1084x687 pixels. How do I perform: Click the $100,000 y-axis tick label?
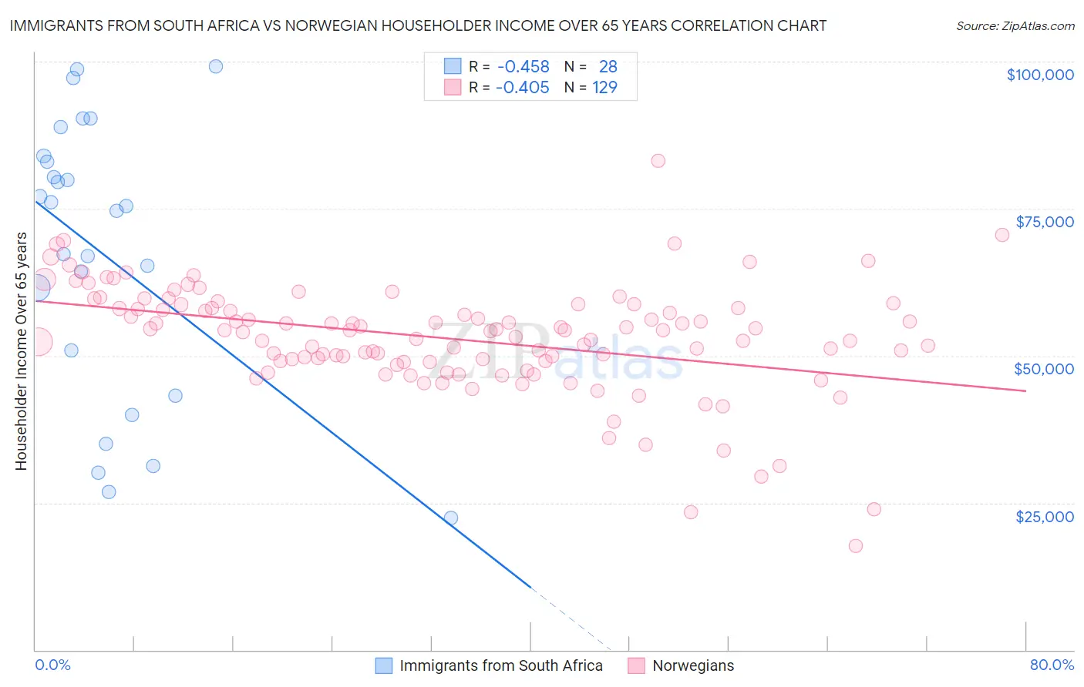coord(1039,75)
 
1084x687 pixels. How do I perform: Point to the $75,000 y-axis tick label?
coord(1044,222)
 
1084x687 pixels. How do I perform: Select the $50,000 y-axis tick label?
coord(1043,369)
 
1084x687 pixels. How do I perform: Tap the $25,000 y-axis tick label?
coord(1044,516)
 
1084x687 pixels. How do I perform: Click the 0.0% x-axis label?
coord(52,665)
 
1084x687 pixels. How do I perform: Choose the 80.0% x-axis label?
coord(1052,665)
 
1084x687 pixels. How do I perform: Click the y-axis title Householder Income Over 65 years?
coord(21,350)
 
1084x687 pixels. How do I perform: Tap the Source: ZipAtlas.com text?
coord(1015,25)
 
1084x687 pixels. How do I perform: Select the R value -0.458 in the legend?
coord(523,67)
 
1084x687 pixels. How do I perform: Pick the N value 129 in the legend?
coord(604,87)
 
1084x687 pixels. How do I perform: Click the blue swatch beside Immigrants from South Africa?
coord(384,665)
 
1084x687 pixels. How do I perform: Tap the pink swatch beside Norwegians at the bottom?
coord(636,665)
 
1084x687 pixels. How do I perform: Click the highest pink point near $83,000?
coord(658,161)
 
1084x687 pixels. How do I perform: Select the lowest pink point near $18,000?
coord(855,546)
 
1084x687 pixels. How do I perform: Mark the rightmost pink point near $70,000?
coord(1002,235)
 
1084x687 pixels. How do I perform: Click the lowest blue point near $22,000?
coord(451,518)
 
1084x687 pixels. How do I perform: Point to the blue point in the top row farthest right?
coord(216,66)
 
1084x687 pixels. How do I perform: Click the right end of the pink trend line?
coord(1025,391)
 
